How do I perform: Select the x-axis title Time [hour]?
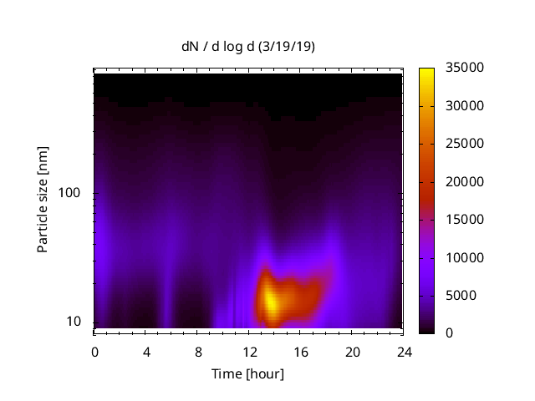coord(248,373)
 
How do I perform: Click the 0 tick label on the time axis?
coord(94,351)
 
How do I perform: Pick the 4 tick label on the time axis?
coord(146,351)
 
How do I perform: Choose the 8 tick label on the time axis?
coord(197,351)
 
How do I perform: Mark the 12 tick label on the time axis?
coord(249,351)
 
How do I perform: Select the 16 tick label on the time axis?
coord(300,351)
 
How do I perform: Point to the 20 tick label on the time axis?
coord(352,351)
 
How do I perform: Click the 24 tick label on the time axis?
coord(403,351)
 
